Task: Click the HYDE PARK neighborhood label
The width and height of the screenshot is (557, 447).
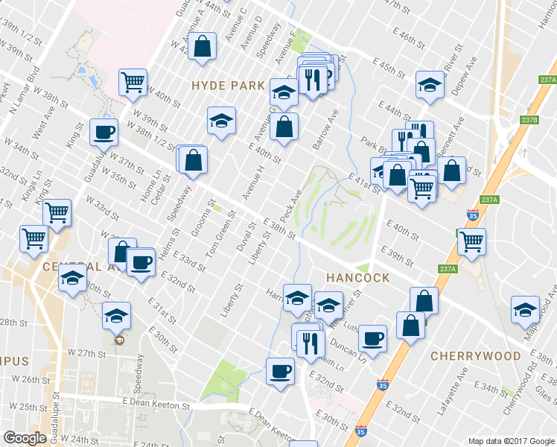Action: tap(228, 86)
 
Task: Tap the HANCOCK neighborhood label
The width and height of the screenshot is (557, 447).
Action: tap(357, 278)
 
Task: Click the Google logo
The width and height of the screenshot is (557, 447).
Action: tap(25, 438)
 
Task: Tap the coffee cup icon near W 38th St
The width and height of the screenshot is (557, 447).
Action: tap(104, 133)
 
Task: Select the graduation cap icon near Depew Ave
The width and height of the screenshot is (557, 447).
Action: tap(430, 85)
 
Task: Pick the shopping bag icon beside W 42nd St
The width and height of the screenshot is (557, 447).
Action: tap(202, 46)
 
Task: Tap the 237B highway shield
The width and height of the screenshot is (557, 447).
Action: tap(529, 120)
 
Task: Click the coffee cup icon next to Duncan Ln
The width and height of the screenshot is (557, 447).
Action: tap(372, 338)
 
